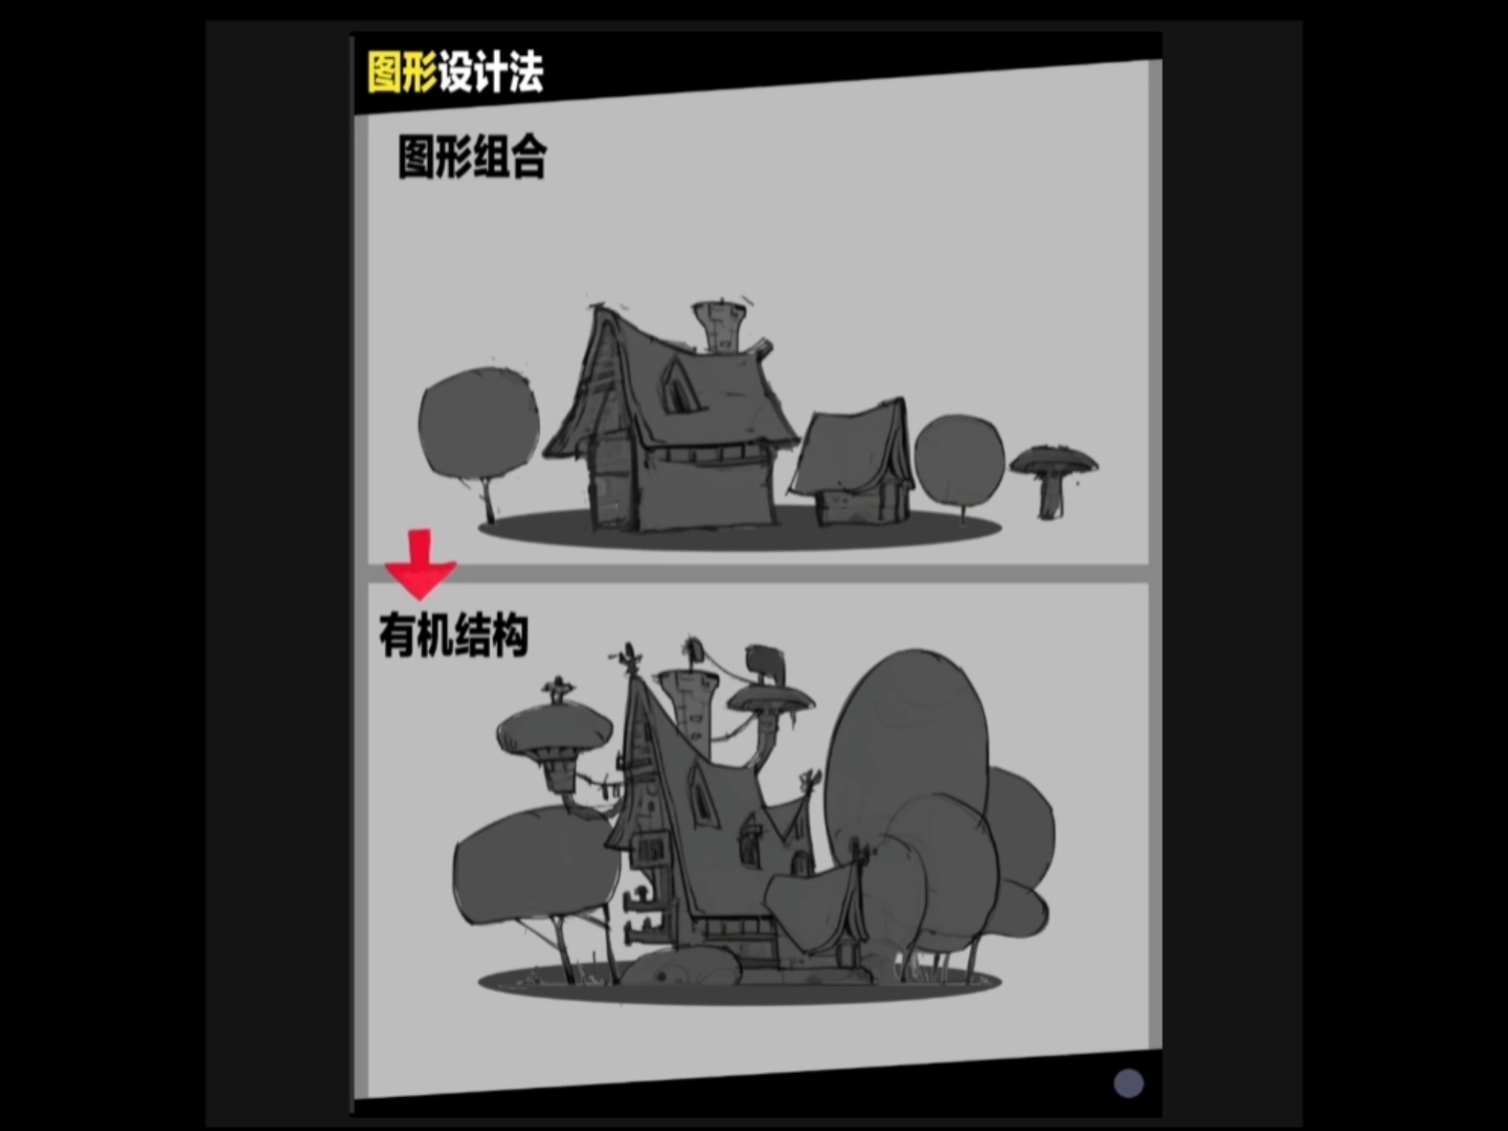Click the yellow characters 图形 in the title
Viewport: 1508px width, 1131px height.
tap(402, 72)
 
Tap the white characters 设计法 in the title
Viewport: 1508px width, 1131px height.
tap(491, 72)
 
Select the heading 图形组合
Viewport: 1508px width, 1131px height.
tap(472, 157)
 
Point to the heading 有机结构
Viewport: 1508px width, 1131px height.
tap(453, 635)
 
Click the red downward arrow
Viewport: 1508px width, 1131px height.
tap(420, 563)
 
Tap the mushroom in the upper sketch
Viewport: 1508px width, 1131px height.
tap(1053, 479)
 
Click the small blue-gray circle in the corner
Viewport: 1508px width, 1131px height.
tap(1129, 1083)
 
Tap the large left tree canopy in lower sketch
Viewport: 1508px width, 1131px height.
tap(537, 864)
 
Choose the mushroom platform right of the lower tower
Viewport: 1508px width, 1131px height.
tap(770, 697)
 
